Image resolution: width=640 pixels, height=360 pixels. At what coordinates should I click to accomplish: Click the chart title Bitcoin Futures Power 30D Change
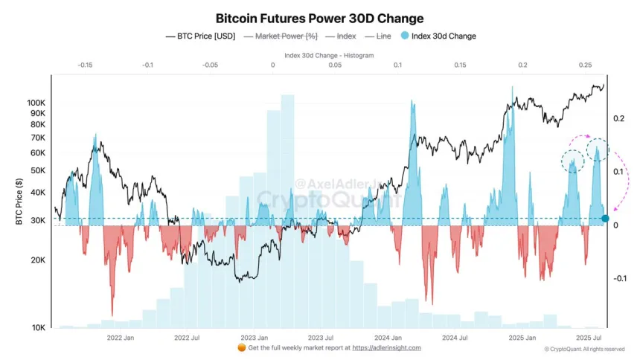coord(320,17)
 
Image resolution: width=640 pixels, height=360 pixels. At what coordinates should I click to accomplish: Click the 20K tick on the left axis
coord(36,260)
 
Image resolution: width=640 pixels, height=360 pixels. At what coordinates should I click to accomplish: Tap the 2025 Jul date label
coord(591,337)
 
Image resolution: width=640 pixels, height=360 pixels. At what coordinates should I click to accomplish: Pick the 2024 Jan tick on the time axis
coord(388,337)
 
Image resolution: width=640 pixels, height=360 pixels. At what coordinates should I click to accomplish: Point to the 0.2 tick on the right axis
coord(618,118)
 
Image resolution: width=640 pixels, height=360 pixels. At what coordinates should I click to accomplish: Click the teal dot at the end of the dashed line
coord(605,219)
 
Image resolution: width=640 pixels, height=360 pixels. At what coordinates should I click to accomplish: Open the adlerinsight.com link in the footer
coord(386,347)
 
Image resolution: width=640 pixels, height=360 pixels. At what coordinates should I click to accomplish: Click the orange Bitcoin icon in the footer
coord(240,347)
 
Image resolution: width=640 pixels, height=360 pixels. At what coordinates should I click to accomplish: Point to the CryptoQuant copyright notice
coord(584,348)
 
